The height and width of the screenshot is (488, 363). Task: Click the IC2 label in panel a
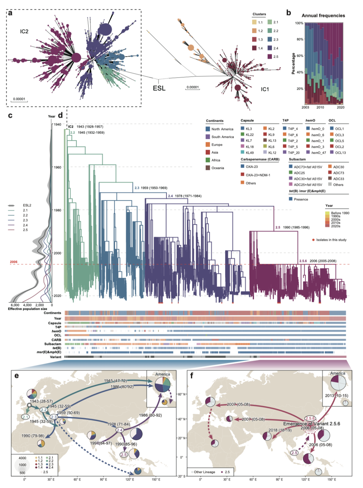(x=24, y=31)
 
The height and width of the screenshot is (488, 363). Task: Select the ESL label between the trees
(x=159, y=88)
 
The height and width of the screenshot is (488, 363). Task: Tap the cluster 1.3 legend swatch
(x=254, y=39)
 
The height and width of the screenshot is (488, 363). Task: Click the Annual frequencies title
(x=323, y=15)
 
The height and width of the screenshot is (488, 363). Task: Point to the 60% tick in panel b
(x=299, y=56)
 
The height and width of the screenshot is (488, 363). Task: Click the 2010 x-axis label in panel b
(x=320, y=107)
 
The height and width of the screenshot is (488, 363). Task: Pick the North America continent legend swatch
(x=208, y=129)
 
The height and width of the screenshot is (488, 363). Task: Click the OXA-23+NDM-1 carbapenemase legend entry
(x=257, y=175)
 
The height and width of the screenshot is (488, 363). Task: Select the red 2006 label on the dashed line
(x=13, y=262)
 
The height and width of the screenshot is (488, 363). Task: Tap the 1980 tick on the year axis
(x=57, y=210)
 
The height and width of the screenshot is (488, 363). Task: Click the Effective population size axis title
(x=28, y=309)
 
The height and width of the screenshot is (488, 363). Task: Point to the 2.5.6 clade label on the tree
(x=303, y=261)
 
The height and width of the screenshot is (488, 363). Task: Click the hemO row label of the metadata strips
(x=56, y=331)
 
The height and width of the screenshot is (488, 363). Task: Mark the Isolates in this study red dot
(x=313, y=240)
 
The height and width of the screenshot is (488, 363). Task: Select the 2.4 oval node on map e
(x=120, y=430)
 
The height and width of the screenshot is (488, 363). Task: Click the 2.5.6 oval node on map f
(x=310, y=419)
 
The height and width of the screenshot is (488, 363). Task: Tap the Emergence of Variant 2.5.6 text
(x=312, y=424)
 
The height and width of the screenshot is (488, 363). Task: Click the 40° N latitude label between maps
(x=182, y=419)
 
